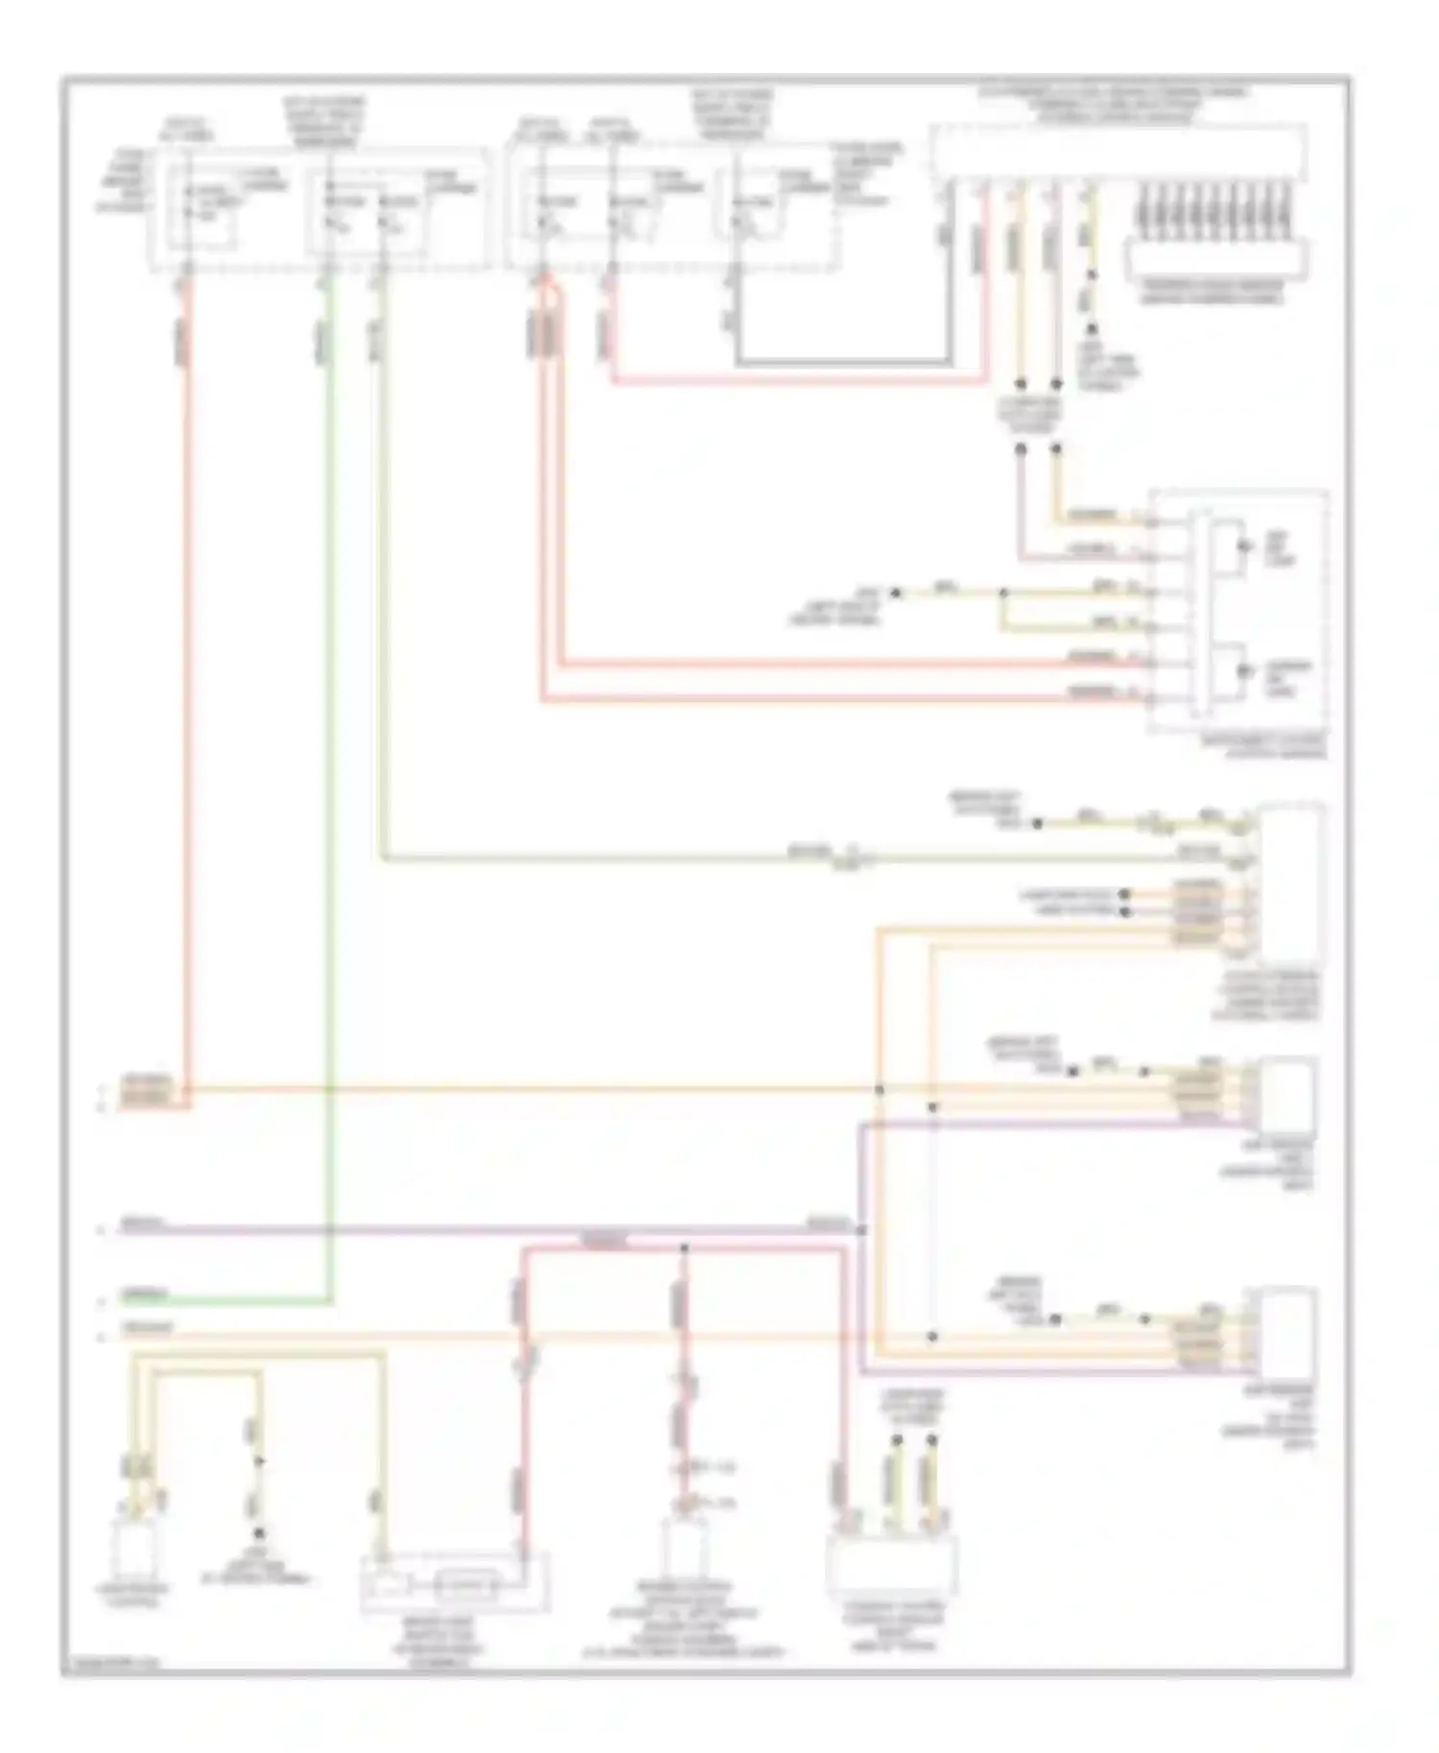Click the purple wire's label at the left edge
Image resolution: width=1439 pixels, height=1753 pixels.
(x=144, y=1225)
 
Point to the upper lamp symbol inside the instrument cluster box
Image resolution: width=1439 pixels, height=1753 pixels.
(x=1244, y=546)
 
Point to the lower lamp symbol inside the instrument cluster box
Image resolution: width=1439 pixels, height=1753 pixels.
(x=1244, y=670)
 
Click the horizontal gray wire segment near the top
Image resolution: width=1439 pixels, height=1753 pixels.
(x=844, y=363)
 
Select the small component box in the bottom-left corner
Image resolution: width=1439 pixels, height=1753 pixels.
(x=138, y=1550)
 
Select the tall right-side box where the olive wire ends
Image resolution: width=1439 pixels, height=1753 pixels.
(x=1291, y=883)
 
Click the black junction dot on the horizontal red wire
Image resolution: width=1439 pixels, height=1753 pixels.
(x=684, y=1249)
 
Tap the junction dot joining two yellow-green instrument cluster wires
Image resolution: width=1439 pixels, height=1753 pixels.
(x=1003, y=594)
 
